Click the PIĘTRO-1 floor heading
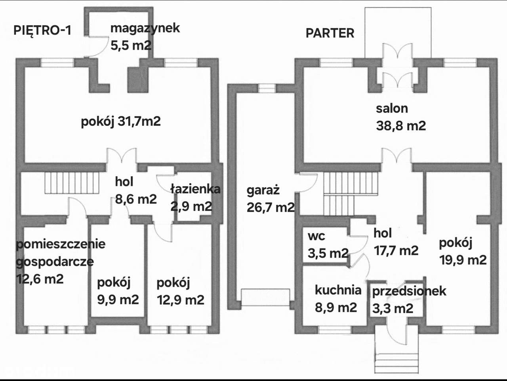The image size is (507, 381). point(42,30)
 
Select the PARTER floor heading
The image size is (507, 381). point(330,33)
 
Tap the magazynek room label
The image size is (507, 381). point(145,28)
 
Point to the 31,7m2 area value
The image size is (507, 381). point(139,121)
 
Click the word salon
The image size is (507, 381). point(392,108)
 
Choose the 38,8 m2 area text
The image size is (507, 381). point(400,126)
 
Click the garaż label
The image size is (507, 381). point(263,190)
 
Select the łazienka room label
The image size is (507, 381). point(195,189)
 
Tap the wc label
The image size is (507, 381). point(316,236)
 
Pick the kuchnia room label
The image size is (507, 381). point(338,290)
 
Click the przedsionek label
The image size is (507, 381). point(409,291)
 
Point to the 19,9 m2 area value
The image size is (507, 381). point(463,260)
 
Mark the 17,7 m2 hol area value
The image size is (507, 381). point(396,250)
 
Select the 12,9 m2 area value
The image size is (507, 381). point(181,300)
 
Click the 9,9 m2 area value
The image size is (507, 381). point(118,299)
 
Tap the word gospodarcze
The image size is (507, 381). point(55,262)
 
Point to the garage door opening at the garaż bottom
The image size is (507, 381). point(265,297)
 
